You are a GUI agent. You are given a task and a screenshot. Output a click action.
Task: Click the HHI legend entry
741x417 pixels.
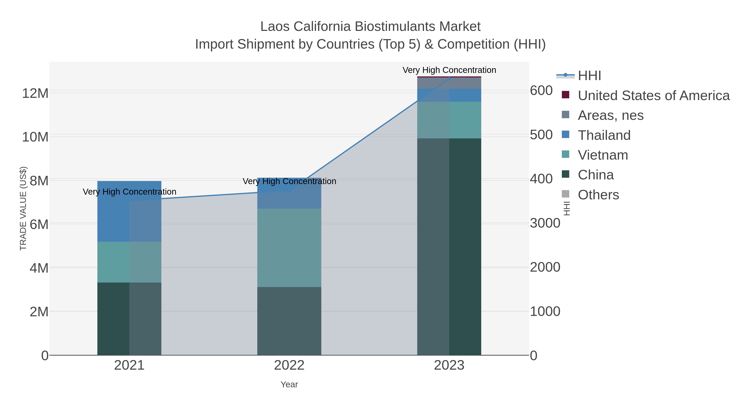(x=589, y=76)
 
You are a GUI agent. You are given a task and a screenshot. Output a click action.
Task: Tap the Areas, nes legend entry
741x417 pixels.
(x=611, y=115)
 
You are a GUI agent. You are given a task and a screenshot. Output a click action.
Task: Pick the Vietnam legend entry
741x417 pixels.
(x=603, y=155)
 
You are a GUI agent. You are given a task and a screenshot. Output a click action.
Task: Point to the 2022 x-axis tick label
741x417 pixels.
(x=289, y=366)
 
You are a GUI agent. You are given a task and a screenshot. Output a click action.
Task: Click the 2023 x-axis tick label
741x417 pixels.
(x=449, y=366)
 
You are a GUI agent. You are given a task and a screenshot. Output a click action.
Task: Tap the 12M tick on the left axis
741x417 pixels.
(x=35, y=93)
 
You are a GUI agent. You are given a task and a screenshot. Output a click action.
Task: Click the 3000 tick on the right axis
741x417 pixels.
(x=545, y=223)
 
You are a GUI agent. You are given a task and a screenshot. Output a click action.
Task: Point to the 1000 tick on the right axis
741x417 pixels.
(x=545, y=311)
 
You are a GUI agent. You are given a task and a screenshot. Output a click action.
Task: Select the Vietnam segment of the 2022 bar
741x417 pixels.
(x=289, y=248)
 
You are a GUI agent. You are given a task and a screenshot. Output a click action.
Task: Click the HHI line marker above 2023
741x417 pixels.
(x=449, y=78)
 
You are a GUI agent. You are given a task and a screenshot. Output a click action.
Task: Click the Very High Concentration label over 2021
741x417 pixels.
(x=129, y=192)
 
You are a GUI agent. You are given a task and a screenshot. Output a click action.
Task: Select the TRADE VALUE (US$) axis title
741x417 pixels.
(x=23, y=208)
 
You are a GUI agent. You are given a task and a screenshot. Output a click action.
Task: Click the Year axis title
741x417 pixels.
(x=289, y=384)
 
